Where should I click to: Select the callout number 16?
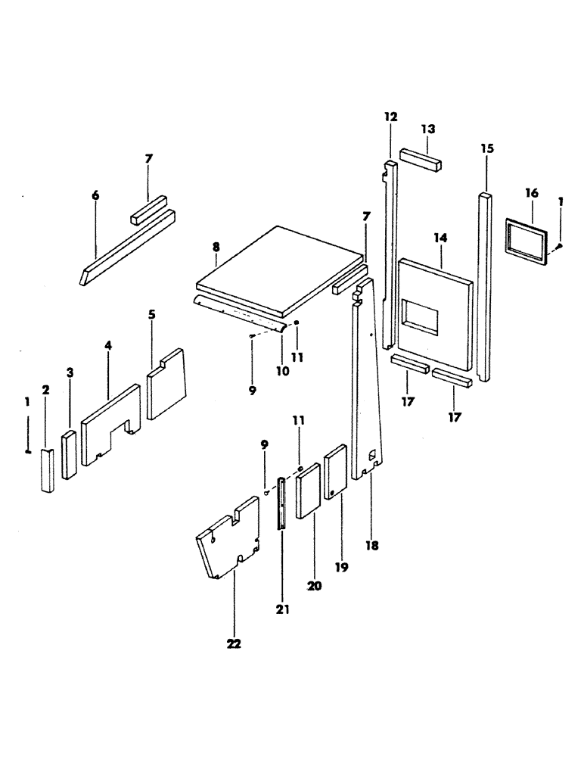pyautogui.click(x=531, y=195)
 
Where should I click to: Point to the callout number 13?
pyautogui.click(x=428, y=129)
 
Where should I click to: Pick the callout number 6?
pyautogui.click(x=95, y=195)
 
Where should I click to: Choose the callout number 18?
pyautogui.click(x=371, y=544)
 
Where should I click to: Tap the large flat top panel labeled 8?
pyautogui.click(x=280, y=269)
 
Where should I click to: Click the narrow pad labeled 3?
pyautogui.click(x=70, y=455)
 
